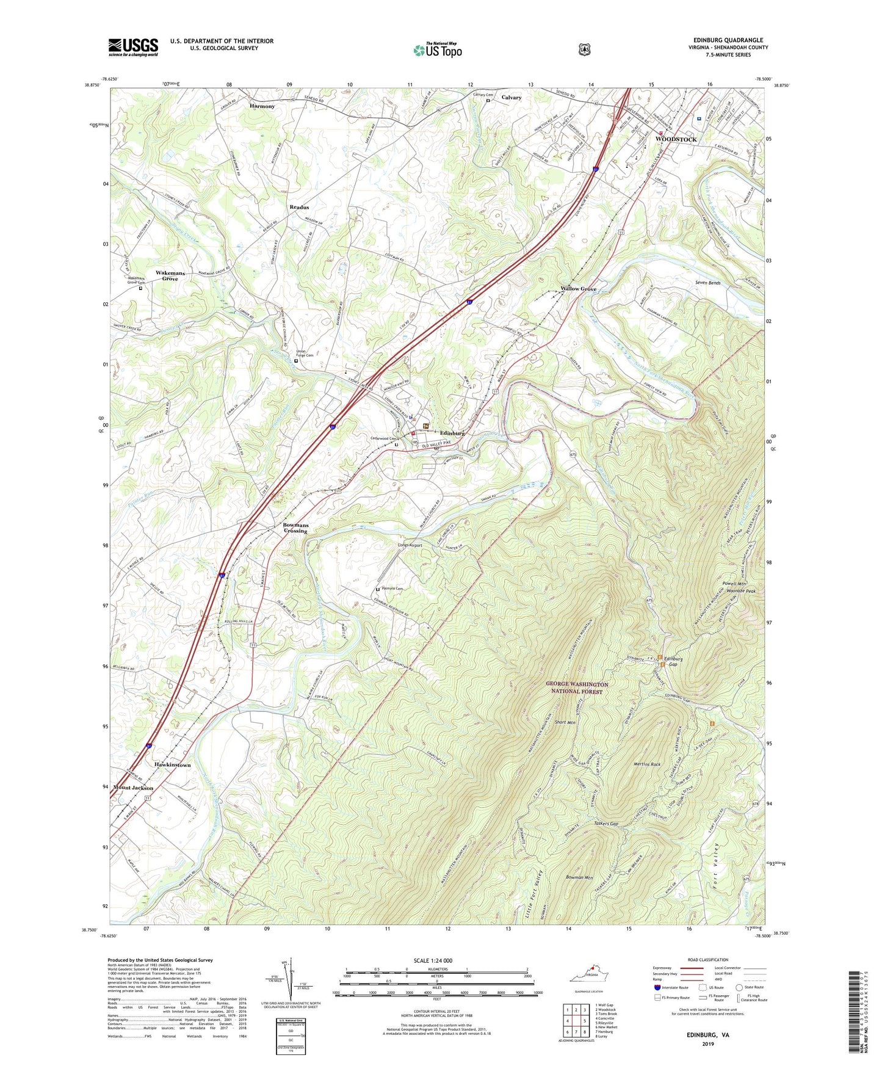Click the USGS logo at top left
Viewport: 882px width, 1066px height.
tap(133, 47)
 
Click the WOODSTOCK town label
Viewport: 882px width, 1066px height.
tap(676, 139)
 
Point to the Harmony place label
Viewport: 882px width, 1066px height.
tap(262, 106)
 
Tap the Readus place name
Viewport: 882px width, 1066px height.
tap(299, 208)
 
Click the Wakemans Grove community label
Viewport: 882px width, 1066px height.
tap(170, 275)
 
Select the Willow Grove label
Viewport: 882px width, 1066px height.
tap(579, 289)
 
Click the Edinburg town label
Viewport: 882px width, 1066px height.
tap(452, 433)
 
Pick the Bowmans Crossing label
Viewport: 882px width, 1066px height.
tap(295, 528)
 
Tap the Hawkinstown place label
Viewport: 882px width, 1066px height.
tap(173, 764)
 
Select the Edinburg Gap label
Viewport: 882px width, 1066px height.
tap(673, 661)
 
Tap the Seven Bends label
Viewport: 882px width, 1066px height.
tap(708, 283)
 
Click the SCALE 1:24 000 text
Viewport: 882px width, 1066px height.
tap(433, 960)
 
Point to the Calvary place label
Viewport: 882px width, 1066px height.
tap(511, 98)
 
